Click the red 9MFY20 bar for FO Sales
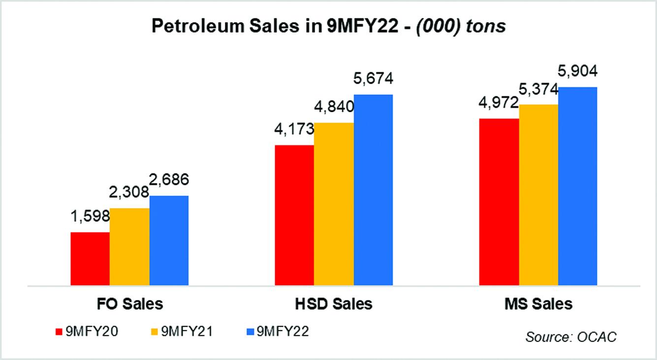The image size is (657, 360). tap(90, 259)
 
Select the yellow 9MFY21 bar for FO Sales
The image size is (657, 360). tap(129, 247)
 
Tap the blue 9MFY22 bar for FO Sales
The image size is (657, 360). tap(169, 240)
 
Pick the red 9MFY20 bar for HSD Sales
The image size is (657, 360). tap(294, 215)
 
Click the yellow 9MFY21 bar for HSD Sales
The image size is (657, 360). tap(334, 204)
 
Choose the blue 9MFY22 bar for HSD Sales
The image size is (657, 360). tap(373, 190)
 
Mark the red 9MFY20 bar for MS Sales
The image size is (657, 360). tap(499, 202)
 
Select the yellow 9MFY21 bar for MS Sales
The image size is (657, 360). tap(538, 195)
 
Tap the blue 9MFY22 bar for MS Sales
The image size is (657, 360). tap(577, 186)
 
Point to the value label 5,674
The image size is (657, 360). tap(374, 78)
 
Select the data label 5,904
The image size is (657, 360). tap(578, 71)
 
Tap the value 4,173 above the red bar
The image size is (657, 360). tap(294, 129)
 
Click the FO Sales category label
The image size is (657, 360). tap(129, 303)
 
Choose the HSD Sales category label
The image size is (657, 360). tap(334, 303)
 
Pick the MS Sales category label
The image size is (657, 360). tap(538, 303)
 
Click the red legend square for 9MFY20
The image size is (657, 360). tap(59, 332)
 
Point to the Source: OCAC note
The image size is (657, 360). tap(571, 337)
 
